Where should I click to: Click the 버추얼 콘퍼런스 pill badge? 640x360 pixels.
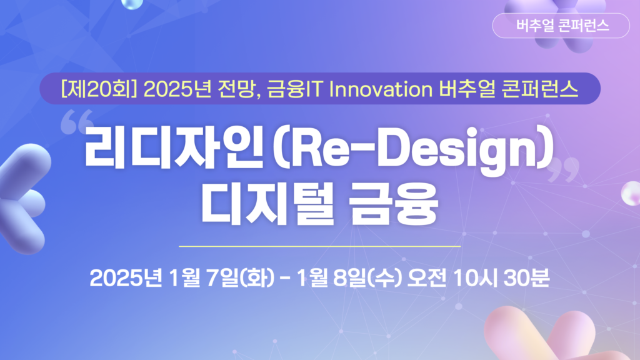(x=561, y=26)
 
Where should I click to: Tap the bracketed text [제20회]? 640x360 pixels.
(x=98, y=89)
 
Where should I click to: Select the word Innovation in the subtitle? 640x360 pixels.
(x=381, y=89)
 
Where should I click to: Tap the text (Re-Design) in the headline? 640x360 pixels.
(x=413, y=149)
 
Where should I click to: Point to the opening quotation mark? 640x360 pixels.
(x=77, y=121)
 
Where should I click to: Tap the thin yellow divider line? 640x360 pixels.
(x=319, y=246)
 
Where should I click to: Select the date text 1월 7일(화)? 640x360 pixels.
(x=221, y=278)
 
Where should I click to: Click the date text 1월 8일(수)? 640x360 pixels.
(x=349, y=278)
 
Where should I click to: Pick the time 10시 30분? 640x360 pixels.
(x=501, y=278)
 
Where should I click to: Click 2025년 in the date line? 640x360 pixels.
(x=126, y=278)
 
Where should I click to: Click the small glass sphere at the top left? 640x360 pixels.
(x=132, y=4)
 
